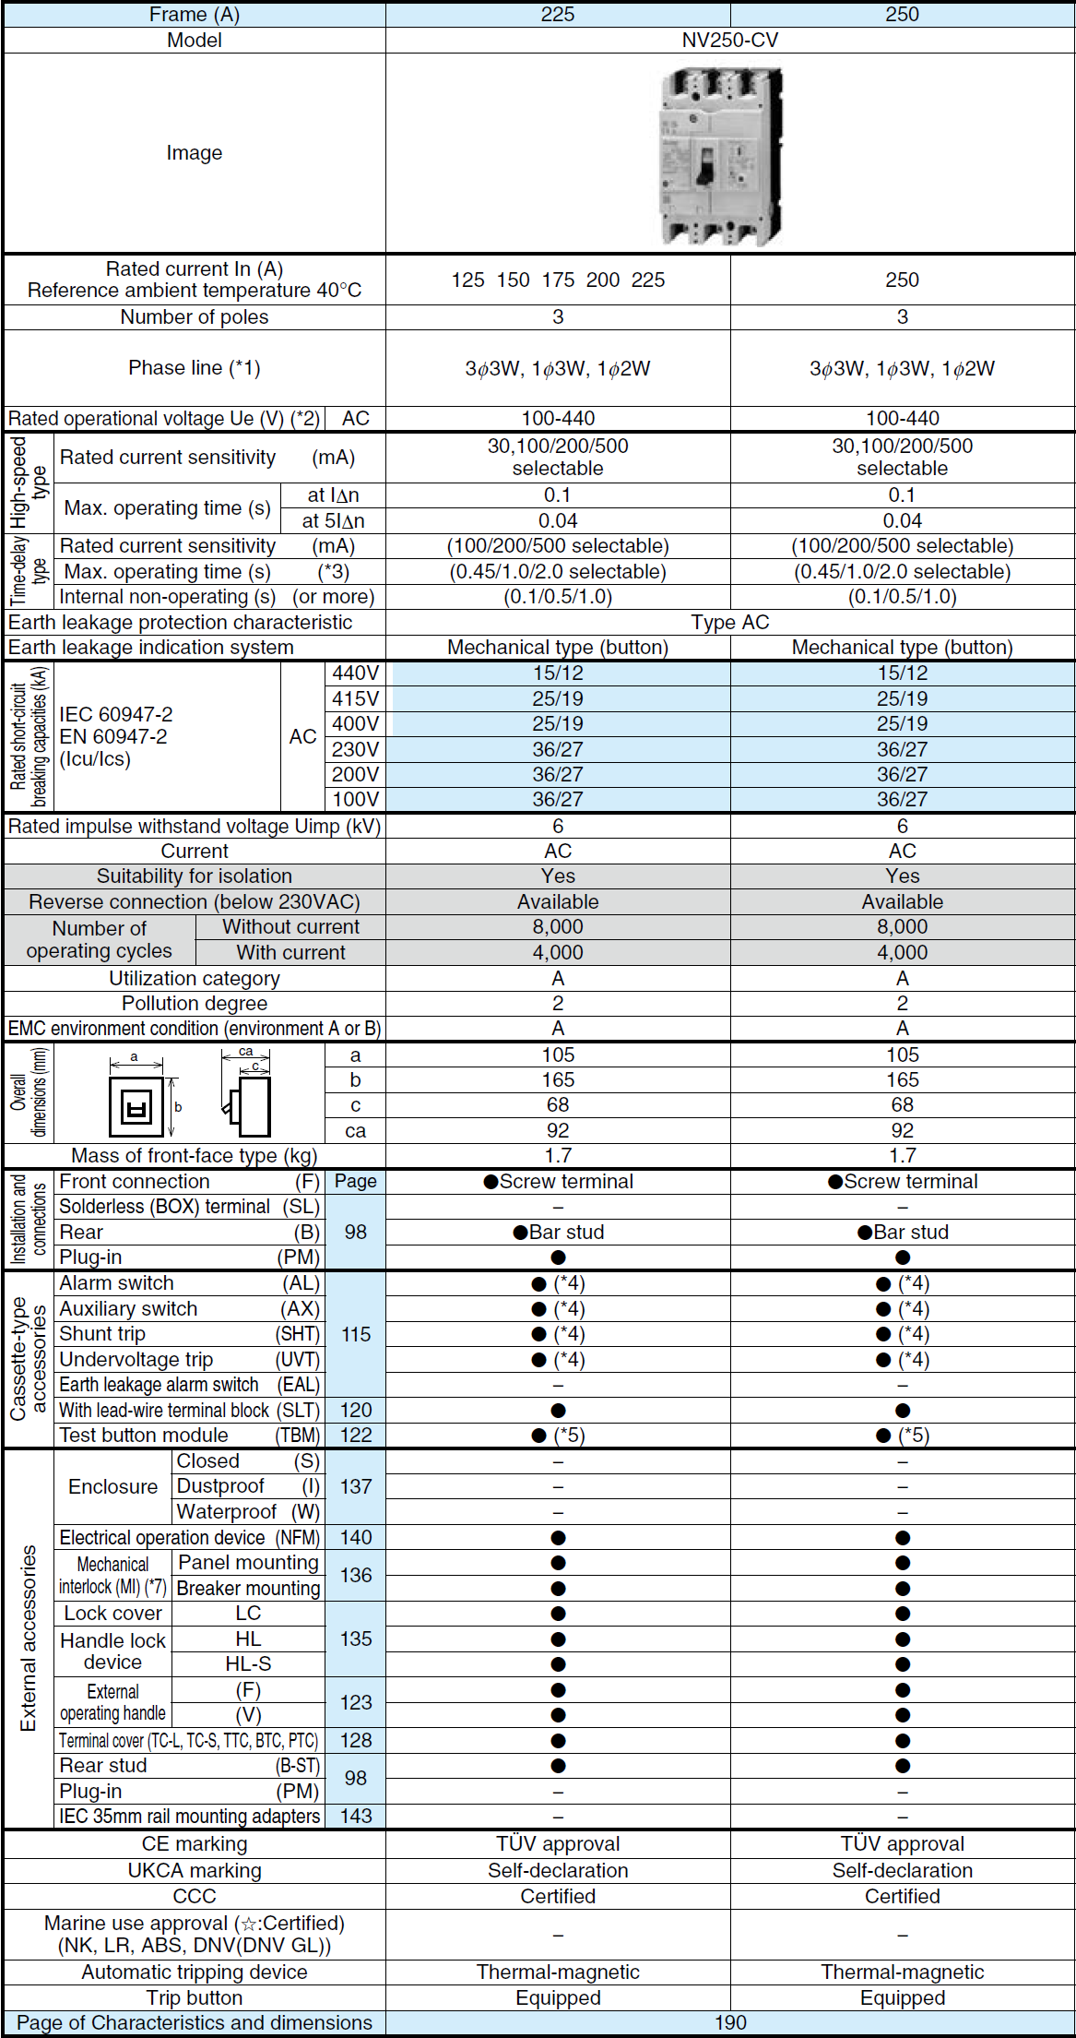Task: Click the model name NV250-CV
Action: pyautogui.click(x=729, y=41)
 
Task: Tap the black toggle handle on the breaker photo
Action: pyautogui.click(x=706, y=165)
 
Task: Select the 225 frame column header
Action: pyautogui.click(x=557, y=15)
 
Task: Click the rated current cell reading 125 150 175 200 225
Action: pyautogui.click(x=557, y=280)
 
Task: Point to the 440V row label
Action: pyautogui.click(x=355, y=673)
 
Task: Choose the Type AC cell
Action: pyautogui.click(x=729, y=623)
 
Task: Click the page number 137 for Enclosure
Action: pyautogui.click(x=356, y=1486)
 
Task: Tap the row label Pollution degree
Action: pyautogui.click(x=195, y=1004)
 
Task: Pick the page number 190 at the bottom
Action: pyautogui.click(x=729, y=2023)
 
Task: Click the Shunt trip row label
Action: pyautogui.click(x=102, y=1334)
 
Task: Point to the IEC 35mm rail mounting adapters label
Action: pyautogui.click(x=190, y=1817)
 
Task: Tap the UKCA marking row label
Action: pyautogui.click(x=195, y=1870)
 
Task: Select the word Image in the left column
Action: pyautogui.click(x=195, y=153)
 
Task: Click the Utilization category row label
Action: pyautogui.click(x=195, y=979)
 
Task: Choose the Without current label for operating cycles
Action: pyautogui.click(x=290, y=927)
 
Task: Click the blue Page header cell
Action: pyautogui.click(x=356, y=1182)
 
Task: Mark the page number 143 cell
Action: pyautogui.click(x=356, y=1817)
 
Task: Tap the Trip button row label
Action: pyautogui.click(x=195, y=1997)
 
